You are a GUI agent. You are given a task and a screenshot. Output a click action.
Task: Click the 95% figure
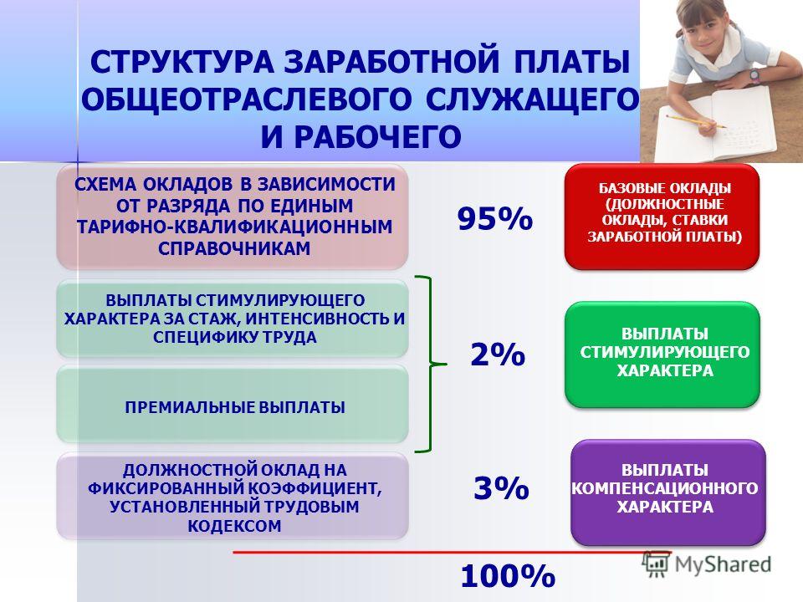(x=495, y=218)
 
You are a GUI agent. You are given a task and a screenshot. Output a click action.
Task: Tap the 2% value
(x=498, y=354)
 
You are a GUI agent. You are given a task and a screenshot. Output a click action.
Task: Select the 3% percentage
(x=501, y=487)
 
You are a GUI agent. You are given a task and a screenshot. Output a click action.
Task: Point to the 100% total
(x=508, y=575)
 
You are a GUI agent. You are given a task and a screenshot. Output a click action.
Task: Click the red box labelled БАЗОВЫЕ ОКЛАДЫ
(x=662, y=217)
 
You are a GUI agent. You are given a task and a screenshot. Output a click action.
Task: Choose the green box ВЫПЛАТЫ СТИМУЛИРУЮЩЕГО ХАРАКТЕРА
(x=662, y=355)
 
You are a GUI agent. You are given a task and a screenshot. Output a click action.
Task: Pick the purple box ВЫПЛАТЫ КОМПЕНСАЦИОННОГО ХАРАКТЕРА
(x=667, y=492)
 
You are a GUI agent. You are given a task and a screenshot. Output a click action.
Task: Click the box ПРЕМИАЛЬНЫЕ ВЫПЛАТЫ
(x=233, y=404)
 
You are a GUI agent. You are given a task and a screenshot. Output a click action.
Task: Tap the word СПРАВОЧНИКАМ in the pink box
(x=234, y=248)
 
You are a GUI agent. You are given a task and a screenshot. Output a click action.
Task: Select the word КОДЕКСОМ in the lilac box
(x=234, y=526)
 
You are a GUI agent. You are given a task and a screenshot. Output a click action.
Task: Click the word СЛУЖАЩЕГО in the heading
(x=532, y=99)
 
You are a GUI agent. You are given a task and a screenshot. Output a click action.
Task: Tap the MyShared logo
(x=707, y=564)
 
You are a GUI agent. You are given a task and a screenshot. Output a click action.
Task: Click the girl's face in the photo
(x=703, y=30)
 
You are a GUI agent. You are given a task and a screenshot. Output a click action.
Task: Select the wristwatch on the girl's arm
(x=754, y=76)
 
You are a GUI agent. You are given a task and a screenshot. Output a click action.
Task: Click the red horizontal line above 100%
(x=452, y=553)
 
